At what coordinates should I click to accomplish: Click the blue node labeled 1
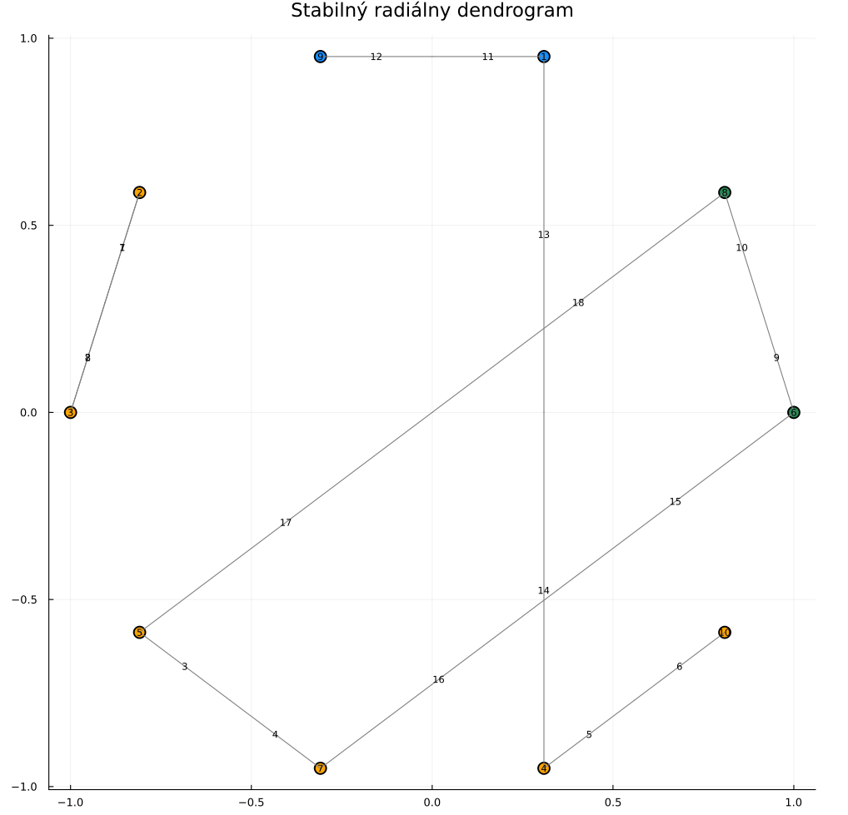coord(544,57)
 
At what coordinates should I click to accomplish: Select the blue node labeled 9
coord(320,57)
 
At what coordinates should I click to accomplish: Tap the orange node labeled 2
coord(139,192)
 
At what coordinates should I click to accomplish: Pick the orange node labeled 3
coord(71,412)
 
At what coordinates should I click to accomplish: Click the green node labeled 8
coord(725,192)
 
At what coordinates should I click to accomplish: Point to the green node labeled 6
coord(793,412)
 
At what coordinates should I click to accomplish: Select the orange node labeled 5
coord(139,632)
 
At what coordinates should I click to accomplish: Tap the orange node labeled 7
coord(320,768)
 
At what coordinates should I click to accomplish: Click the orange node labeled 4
coord(544,768)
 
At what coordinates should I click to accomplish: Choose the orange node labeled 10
coord(725,632)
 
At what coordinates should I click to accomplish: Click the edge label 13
coord(544,235)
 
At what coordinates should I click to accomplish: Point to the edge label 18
coord(578,303)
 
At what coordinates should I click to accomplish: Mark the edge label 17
coord(286,523)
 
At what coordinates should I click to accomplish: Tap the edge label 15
coord(676,502)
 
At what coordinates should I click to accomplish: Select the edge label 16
coord(439,680)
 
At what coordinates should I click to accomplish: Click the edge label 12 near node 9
coord(376,57)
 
